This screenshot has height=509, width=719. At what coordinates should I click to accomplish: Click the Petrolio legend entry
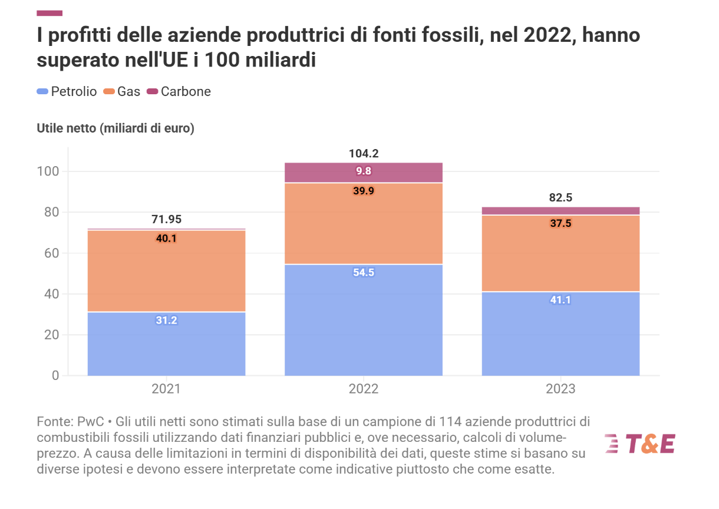click(x=67, y=91)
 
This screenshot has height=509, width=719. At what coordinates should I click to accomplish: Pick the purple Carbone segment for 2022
click(x=364, y=173)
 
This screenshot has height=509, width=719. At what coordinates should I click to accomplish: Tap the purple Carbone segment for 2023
click(x=560, y=211)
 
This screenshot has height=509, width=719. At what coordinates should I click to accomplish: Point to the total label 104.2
click(x=364, y=154)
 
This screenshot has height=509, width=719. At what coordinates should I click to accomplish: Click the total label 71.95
click(x=166, y=220)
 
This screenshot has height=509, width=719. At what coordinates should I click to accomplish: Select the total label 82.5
click(x=560, y=198)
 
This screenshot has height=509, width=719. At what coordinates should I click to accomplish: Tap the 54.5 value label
click(x=364, y=272)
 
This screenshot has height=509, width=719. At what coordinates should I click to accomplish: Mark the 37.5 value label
click(x=560, y=223)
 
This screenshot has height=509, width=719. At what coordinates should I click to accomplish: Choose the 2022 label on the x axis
click(x=364, y=389)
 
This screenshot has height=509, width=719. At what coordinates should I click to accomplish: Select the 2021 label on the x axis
click(x=166, y=389)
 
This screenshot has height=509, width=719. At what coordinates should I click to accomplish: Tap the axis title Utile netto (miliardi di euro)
click(x=116, y=128)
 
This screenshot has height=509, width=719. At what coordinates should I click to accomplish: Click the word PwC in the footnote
click(x=91, y=422)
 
